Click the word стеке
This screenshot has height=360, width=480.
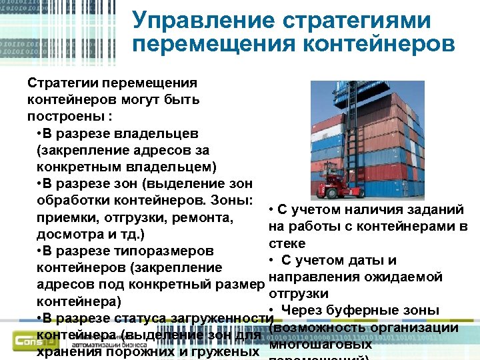coord(287,243)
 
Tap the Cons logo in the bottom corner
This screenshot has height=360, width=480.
coord(30,341)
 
